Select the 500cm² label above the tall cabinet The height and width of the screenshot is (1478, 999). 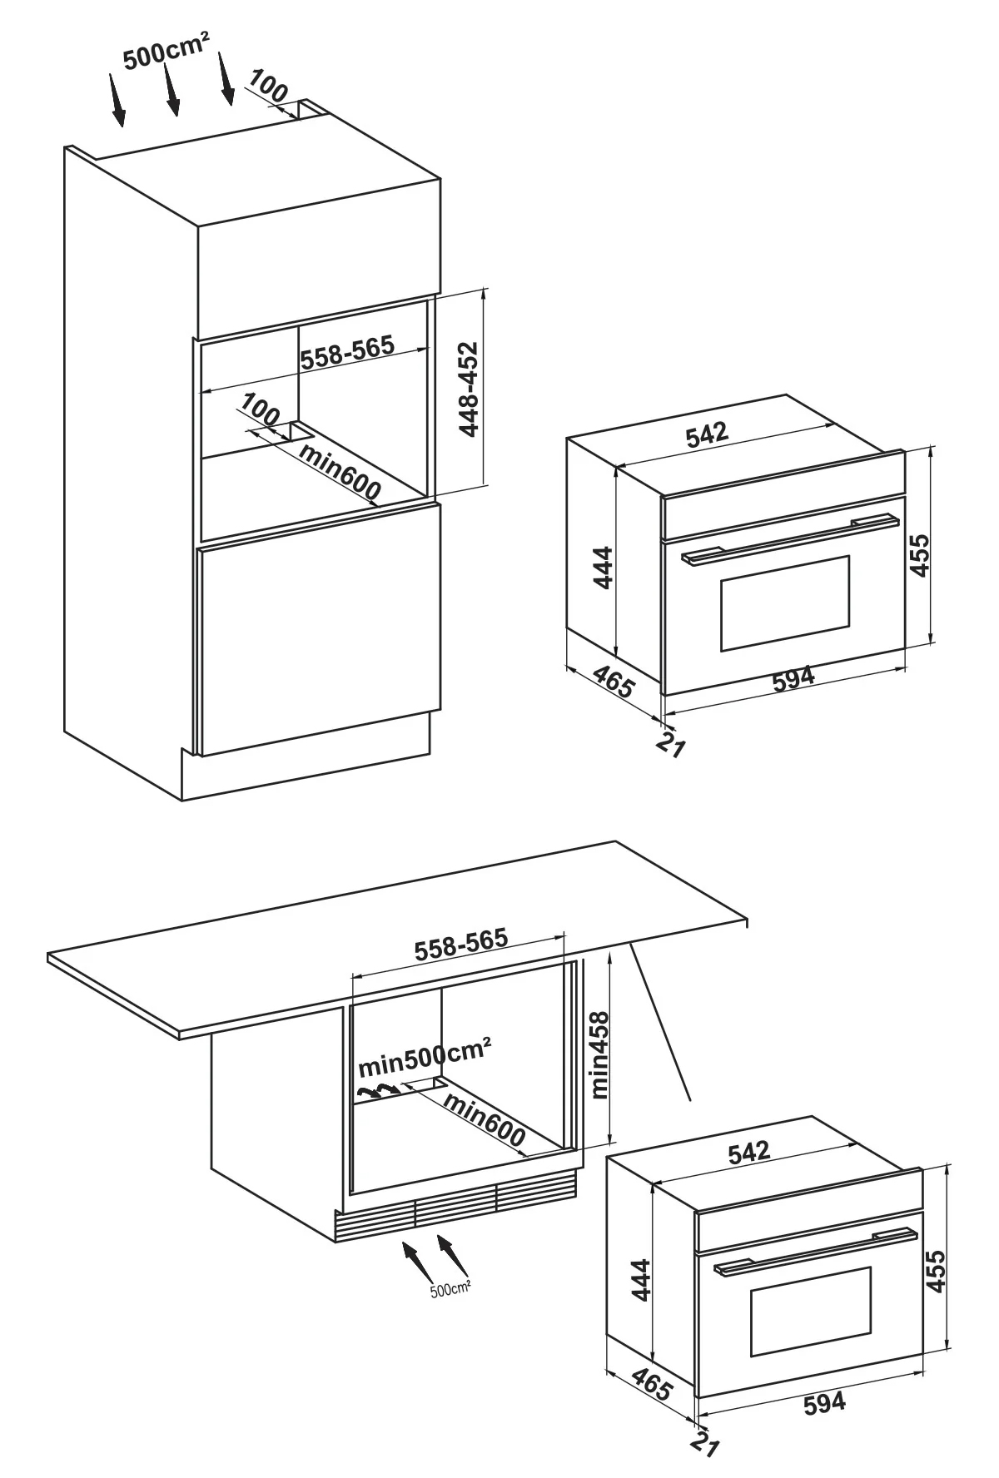(x=166, y=52)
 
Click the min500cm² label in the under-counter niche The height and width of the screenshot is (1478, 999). (x=425, y=1057)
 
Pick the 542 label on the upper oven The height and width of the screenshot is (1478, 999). (x=707, y=434)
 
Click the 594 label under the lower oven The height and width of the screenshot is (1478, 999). (x=824, y=1402)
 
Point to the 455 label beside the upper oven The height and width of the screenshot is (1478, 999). (x=918, y=555)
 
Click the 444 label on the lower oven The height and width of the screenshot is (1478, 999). (x=640, y=1279)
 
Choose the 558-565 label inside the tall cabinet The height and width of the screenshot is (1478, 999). (x=347, y=353)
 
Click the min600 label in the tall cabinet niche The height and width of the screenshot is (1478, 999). (x=340, y=474)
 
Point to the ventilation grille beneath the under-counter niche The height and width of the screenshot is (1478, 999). (x=455, y=1205)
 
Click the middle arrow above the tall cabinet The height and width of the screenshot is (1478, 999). (x=170, y=87)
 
